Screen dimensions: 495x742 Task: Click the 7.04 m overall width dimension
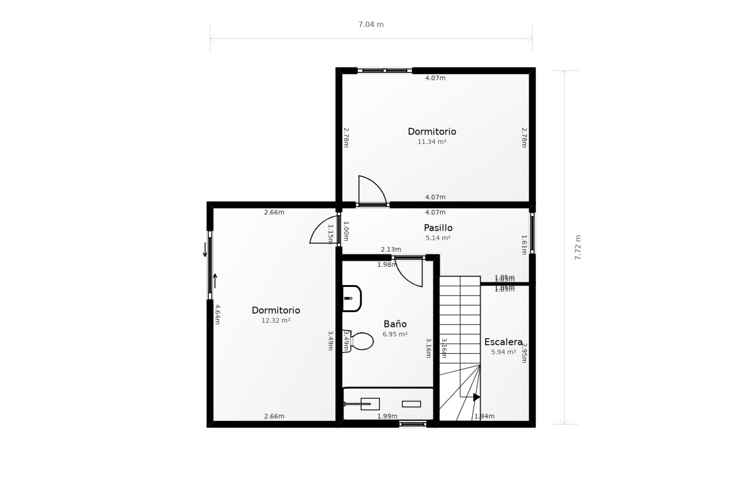[x=371, y=25]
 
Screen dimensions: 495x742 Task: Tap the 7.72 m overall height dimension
[x=578, y=247]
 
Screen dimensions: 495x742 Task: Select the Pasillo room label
[x=438, y=228]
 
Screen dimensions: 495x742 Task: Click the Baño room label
[x=395, y=324]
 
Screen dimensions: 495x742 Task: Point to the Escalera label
[x=503, y=342]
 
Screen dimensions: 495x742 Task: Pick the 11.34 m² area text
[x=432, y=142]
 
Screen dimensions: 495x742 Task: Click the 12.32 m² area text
[x=276, y=321]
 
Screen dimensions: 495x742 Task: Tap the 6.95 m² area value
[x=395, y=334]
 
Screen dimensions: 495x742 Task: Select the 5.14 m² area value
[x=438, y=238]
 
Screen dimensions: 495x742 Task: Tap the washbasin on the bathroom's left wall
[x=352, y=299]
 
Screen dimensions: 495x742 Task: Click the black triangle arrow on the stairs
[x=477, y=397]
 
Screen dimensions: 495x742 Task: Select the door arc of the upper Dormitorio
[x=372, y=189]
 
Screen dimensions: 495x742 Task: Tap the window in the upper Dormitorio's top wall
[x=385, y=71]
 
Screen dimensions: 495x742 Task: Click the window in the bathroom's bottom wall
[x=413, y=424]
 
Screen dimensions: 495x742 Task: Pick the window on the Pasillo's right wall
[x=532, y=233]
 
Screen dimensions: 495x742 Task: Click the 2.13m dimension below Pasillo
[x=391, y=249]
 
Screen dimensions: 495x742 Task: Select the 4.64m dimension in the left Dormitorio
[x=217, y=314]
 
